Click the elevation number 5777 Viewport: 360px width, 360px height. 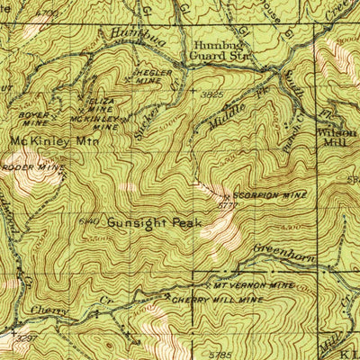[229, 205]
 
